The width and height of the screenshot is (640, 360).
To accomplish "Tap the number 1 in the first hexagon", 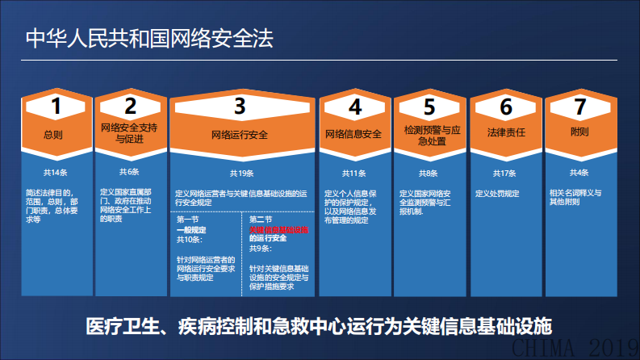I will tap(56, 106).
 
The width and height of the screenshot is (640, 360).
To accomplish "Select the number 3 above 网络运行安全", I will tap(240, 106).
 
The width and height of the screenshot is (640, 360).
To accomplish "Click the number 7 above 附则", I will tap(579, 106).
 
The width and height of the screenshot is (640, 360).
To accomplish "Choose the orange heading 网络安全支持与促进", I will tap(130, 133).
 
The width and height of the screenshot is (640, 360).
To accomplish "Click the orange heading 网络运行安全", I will tap(240, 135).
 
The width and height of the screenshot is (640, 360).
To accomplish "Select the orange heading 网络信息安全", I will tap(353, 133).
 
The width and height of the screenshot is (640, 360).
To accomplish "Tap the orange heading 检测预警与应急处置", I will tap(429, 133).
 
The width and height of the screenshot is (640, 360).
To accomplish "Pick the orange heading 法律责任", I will tap(505, 132).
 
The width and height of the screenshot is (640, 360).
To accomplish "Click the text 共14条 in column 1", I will tap(55, 172).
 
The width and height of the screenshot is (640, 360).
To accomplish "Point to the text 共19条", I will tap(241, 173).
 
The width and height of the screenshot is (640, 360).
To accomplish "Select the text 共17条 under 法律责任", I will tap(504, 173).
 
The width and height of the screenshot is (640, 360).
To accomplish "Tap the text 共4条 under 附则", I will tap(579, 173).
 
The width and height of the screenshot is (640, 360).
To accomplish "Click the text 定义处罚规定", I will tap(498, 194).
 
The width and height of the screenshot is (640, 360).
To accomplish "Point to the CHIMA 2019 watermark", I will tap(579, 348).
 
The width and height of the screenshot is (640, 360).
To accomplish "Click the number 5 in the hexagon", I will tap(429, 106).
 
